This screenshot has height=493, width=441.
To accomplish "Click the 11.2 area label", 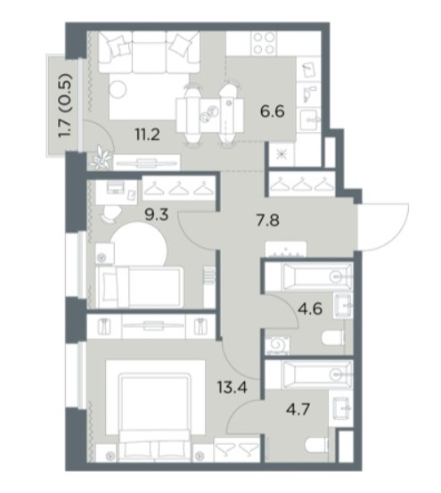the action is (x=148, y=135).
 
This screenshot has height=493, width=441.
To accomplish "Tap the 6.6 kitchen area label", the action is (x=273, y=111).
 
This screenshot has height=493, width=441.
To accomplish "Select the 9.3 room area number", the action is (x=157, y=215).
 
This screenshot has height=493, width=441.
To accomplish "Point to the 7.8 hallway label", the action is (x=267, y=220).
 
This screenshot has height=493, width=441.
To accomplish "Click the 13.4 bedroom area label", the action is (x=233, y=387).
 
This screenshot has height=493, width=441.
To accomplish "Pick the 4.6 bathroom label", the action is (x=310, y=308).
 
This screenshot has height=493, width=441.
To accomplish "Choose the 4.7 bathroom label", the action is (x=298, y=410).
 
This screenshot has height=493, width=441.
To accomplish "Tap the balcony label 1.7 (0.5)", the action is (x=65, y=105).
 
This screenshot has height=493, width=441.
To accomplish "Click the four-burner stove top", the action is (x=264, y=44).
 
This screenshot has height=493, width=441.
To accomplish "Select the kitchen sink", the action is (x=309, y=119).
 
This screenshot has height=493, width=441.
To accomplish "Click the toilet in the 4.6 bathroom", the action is (x=333, y=339).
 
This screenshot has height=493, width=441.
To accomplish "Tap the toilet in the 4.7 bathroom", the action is (x=316, y=445).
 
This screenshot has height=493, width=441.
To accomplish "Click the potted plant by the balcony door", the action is (x=101, y=158).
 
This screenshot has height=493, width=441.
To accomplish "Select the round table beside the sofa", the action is (x=118, y=89).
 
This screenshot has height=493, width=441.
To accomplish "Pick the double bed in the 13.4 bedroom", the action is (x=155, y=417).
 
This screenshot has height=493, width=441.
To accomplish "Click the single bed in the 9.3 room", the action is (x=140, y=287).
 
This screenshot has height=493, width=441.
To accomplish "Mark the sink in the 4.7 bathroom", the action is (x=342, y=407).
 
